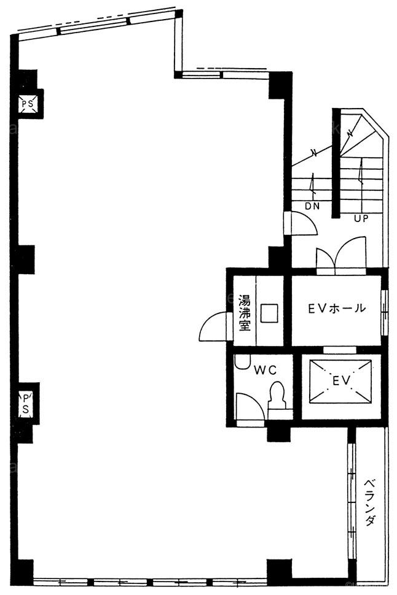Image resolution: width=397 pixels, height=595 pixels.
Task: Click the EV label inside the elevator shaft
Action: pos(340,380)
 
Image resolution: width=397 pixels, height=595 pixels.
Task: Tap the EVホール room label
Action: pos(337,308)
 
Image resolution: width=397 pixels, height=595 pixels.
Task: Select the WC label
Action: pos(265,370)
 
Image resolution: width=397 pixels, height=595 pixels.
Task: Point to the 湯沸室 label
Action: pos(245,313)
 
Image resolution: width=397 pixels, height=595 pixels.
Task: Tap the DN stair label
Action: pos(312,207)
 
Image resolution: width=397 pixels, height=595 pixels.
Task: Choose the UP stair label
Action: pos(361,218)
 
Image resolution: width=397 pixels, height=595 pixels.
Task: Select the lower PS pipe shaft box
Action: pos(26,404)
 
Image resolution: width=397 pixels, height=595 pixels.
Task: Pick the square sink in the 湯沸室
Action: pos(269,313)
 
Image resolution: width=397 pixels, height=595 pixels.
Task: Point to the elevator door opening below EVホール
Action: pos(340,350)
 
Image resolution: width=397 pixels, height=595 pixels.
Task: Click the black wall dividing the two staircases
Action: pos(336,163)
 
